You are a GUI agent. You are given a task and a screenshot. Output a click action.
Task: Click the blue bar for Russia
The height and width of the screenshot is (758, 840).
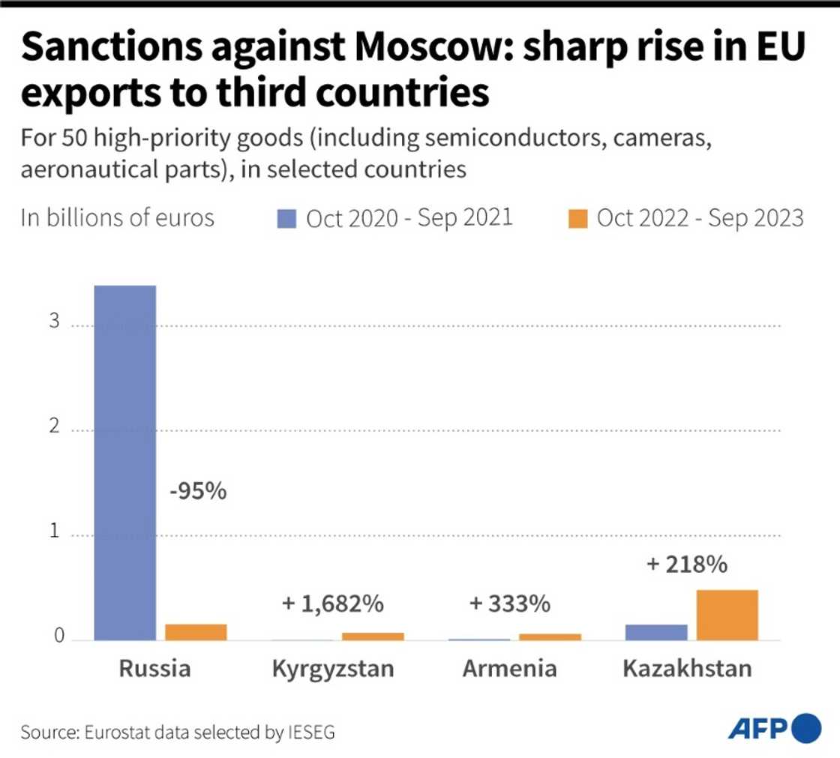pyautogui.click(x=124, y=463)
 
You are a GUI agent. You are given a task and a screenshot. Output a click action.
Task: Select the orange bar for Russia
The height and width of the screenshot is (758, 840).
pyautogui.click(x=196, y=632)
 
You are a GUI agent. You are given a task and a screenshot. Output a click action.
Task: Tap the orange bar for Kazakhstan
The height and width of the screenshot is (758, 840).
pyautogui.click(x=727, y=615)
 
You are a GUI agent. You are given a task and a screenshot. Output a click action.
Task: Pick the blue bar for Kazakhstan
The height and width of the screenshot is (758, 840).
pyautogui.click(x=656, y=632)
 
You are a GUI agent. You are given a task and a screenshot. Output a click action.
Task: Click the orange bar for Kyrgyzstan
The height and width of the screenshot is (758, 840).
pyautogui.click(x=373, y=636)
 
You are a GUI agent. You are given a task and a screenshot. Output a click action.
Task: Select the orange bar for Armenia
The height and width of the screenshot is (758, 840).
pyautogui.click(x=550, y=637)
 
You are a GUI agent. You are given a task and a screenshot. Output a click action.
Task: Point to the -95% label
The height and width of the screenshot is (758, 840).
pyautogui.click(x=197, y=492)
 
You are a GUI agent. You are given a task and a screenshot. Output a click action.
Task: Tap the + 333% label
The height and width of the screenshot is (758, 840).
pyautogui.click(x=511, y=603)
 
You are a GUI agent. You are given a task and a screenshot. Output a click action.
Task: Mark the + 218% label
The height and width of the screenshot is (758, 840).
pyautogui.click(x=686, y=564)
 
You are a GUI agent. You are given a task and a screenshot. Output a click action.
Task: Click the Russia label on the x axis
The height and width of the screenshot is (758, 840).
pyautogui.click(x=154, y=668)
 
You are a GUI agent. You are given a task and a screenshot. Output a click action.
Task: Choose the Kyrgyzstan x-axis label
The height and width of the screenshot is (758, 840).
pyautogui.click(x=333, y=668)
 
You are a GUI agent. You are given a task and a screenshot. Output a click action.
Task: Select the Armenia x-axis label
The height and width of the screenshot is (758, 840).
pyautogui.click(x=510, y=668)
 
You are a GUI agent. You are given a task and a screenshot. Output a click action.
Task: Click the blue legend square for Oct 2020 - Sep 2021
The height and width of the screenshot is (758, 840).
pyautogui.click(x=287, y=218)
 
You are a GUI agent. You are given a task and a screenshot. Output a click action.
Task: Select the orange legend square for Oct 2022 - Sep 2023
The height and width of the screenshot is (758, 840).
pyautogui.click(x=577, y=218)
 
